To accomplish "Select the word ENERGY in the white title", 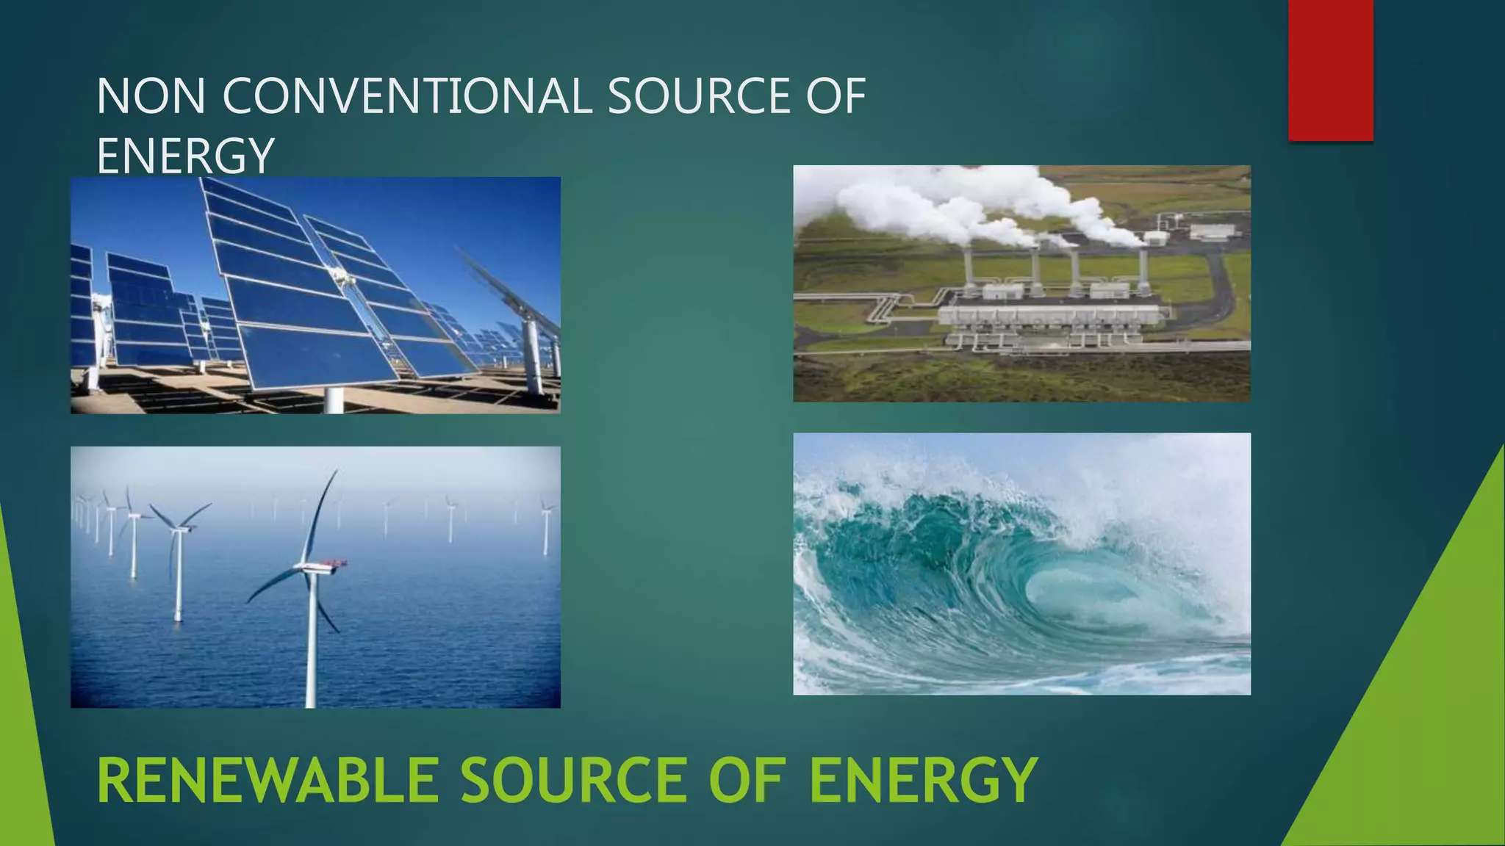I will (185, 156).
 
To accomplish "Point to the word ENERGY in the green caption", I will (923, 781).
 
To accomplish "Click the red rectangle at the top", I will (1330, 70).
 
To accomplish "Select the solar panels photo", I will (315, 295).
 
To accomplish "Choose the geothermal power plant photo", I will (1021, 283).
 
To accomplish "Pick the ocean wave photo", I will (1021, 563).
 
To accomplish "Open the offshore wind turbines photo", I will (315, 577).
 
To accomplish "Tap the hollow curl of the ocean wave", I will (1073, 595).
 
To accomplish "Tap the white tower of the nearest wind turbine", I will (312, 646).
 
